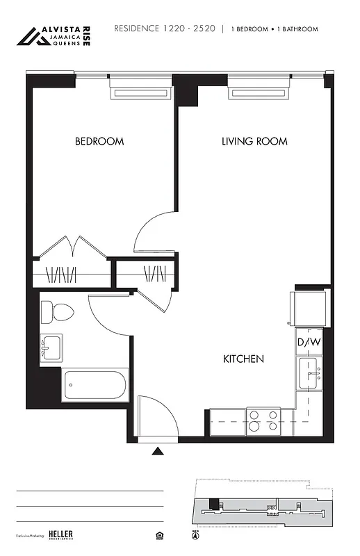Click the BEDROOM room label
(x=99, y=141)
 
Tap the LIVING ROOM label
(x=254, y=141)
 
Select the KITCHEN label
(x=243, y=359)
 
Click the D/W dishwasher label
(x=309, y=343)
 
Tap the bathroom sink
(x=51, y=347)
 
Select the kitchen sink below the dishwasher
(x=310, y=373)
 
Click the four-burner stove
(x=264, y=421)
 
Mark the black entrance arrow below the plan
(x=158, y=451)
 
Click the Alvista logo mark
(x=33, y=36)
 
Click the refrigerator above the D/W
(x=307, y=306)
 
